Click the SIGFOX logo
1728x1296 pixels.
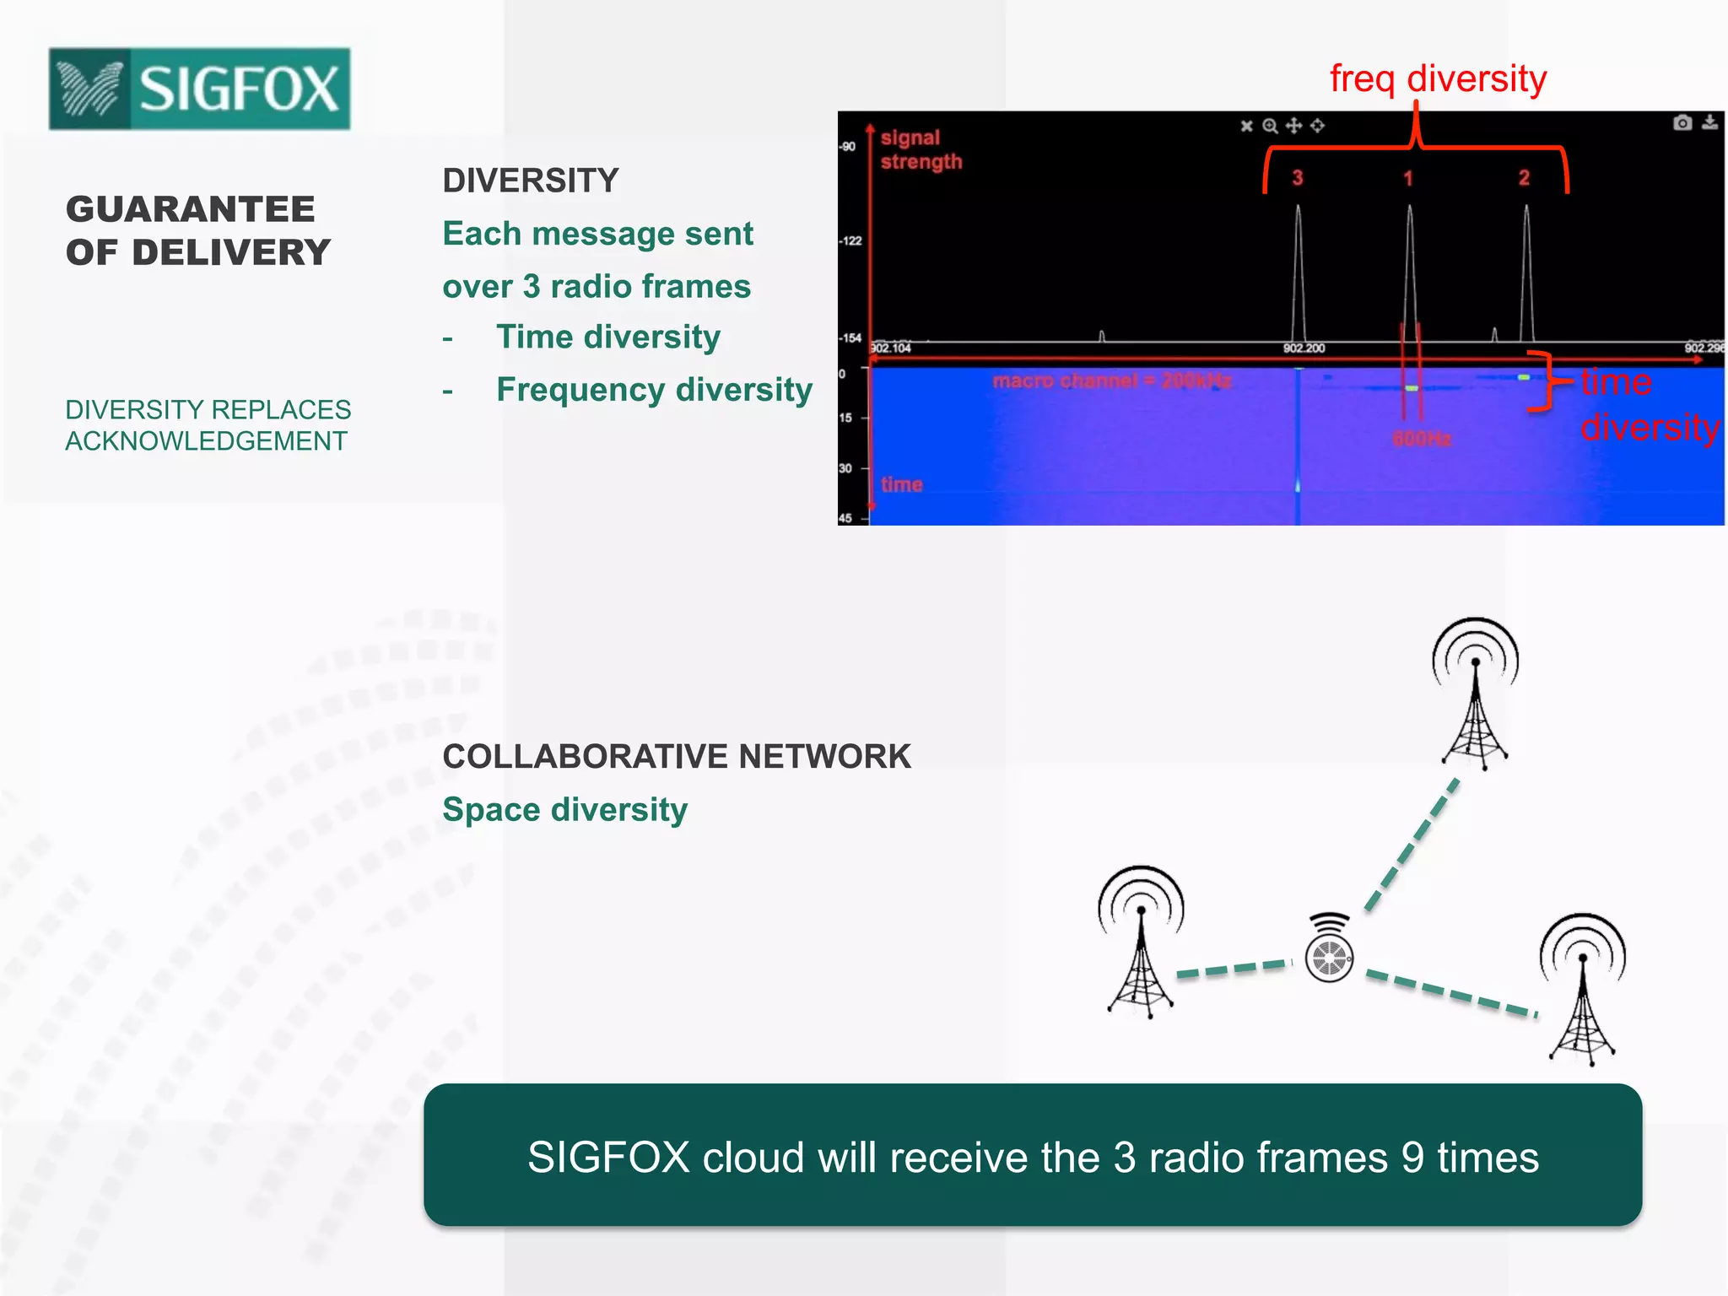click(x=199, y=89)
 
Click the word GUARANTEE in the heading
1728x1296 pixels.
click(x=191, y=209)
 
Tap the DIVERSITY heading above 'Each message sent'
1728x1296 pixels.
click(x=531, y=181)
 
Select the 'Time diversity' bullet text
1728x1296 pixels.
click(x=607, y=337)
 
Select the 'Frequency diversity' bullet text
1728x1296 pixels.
click(x=654, y=390)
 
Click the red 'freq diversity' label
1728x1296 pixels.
click(x=1438, y=78)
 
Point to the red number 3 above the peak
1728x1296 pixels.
click(x=1298, y=178)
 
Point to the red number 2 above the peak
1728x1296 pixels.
click(x=1524, y=178)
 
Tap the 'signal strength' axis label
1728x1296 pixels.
click(x=921, y=149)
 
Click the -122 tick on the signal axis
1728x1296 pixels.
click(x=850, y=241)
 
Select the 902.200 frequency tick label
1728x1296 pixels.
click(x=1304, y=348)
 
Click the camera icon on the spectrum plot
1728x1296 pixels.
click(x=1682, y=123)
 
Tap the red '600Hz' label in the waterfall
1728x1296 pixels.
click(x=1422, y=439)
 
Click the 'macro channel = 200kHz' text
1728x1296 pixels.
click(x=1111, y=381)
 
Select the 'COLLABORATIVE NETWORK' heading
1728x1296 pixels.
click(x=677, y=757)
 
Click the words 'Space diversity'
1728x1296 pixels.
click(x=564, y=810)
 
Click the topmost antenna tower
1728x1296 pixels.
click(x=1475, y=692)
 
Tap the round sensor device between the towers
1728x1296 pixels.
click(x=1329, y=957)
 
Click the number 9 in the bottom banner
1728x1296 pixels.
click(x=1412, y=1157)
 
